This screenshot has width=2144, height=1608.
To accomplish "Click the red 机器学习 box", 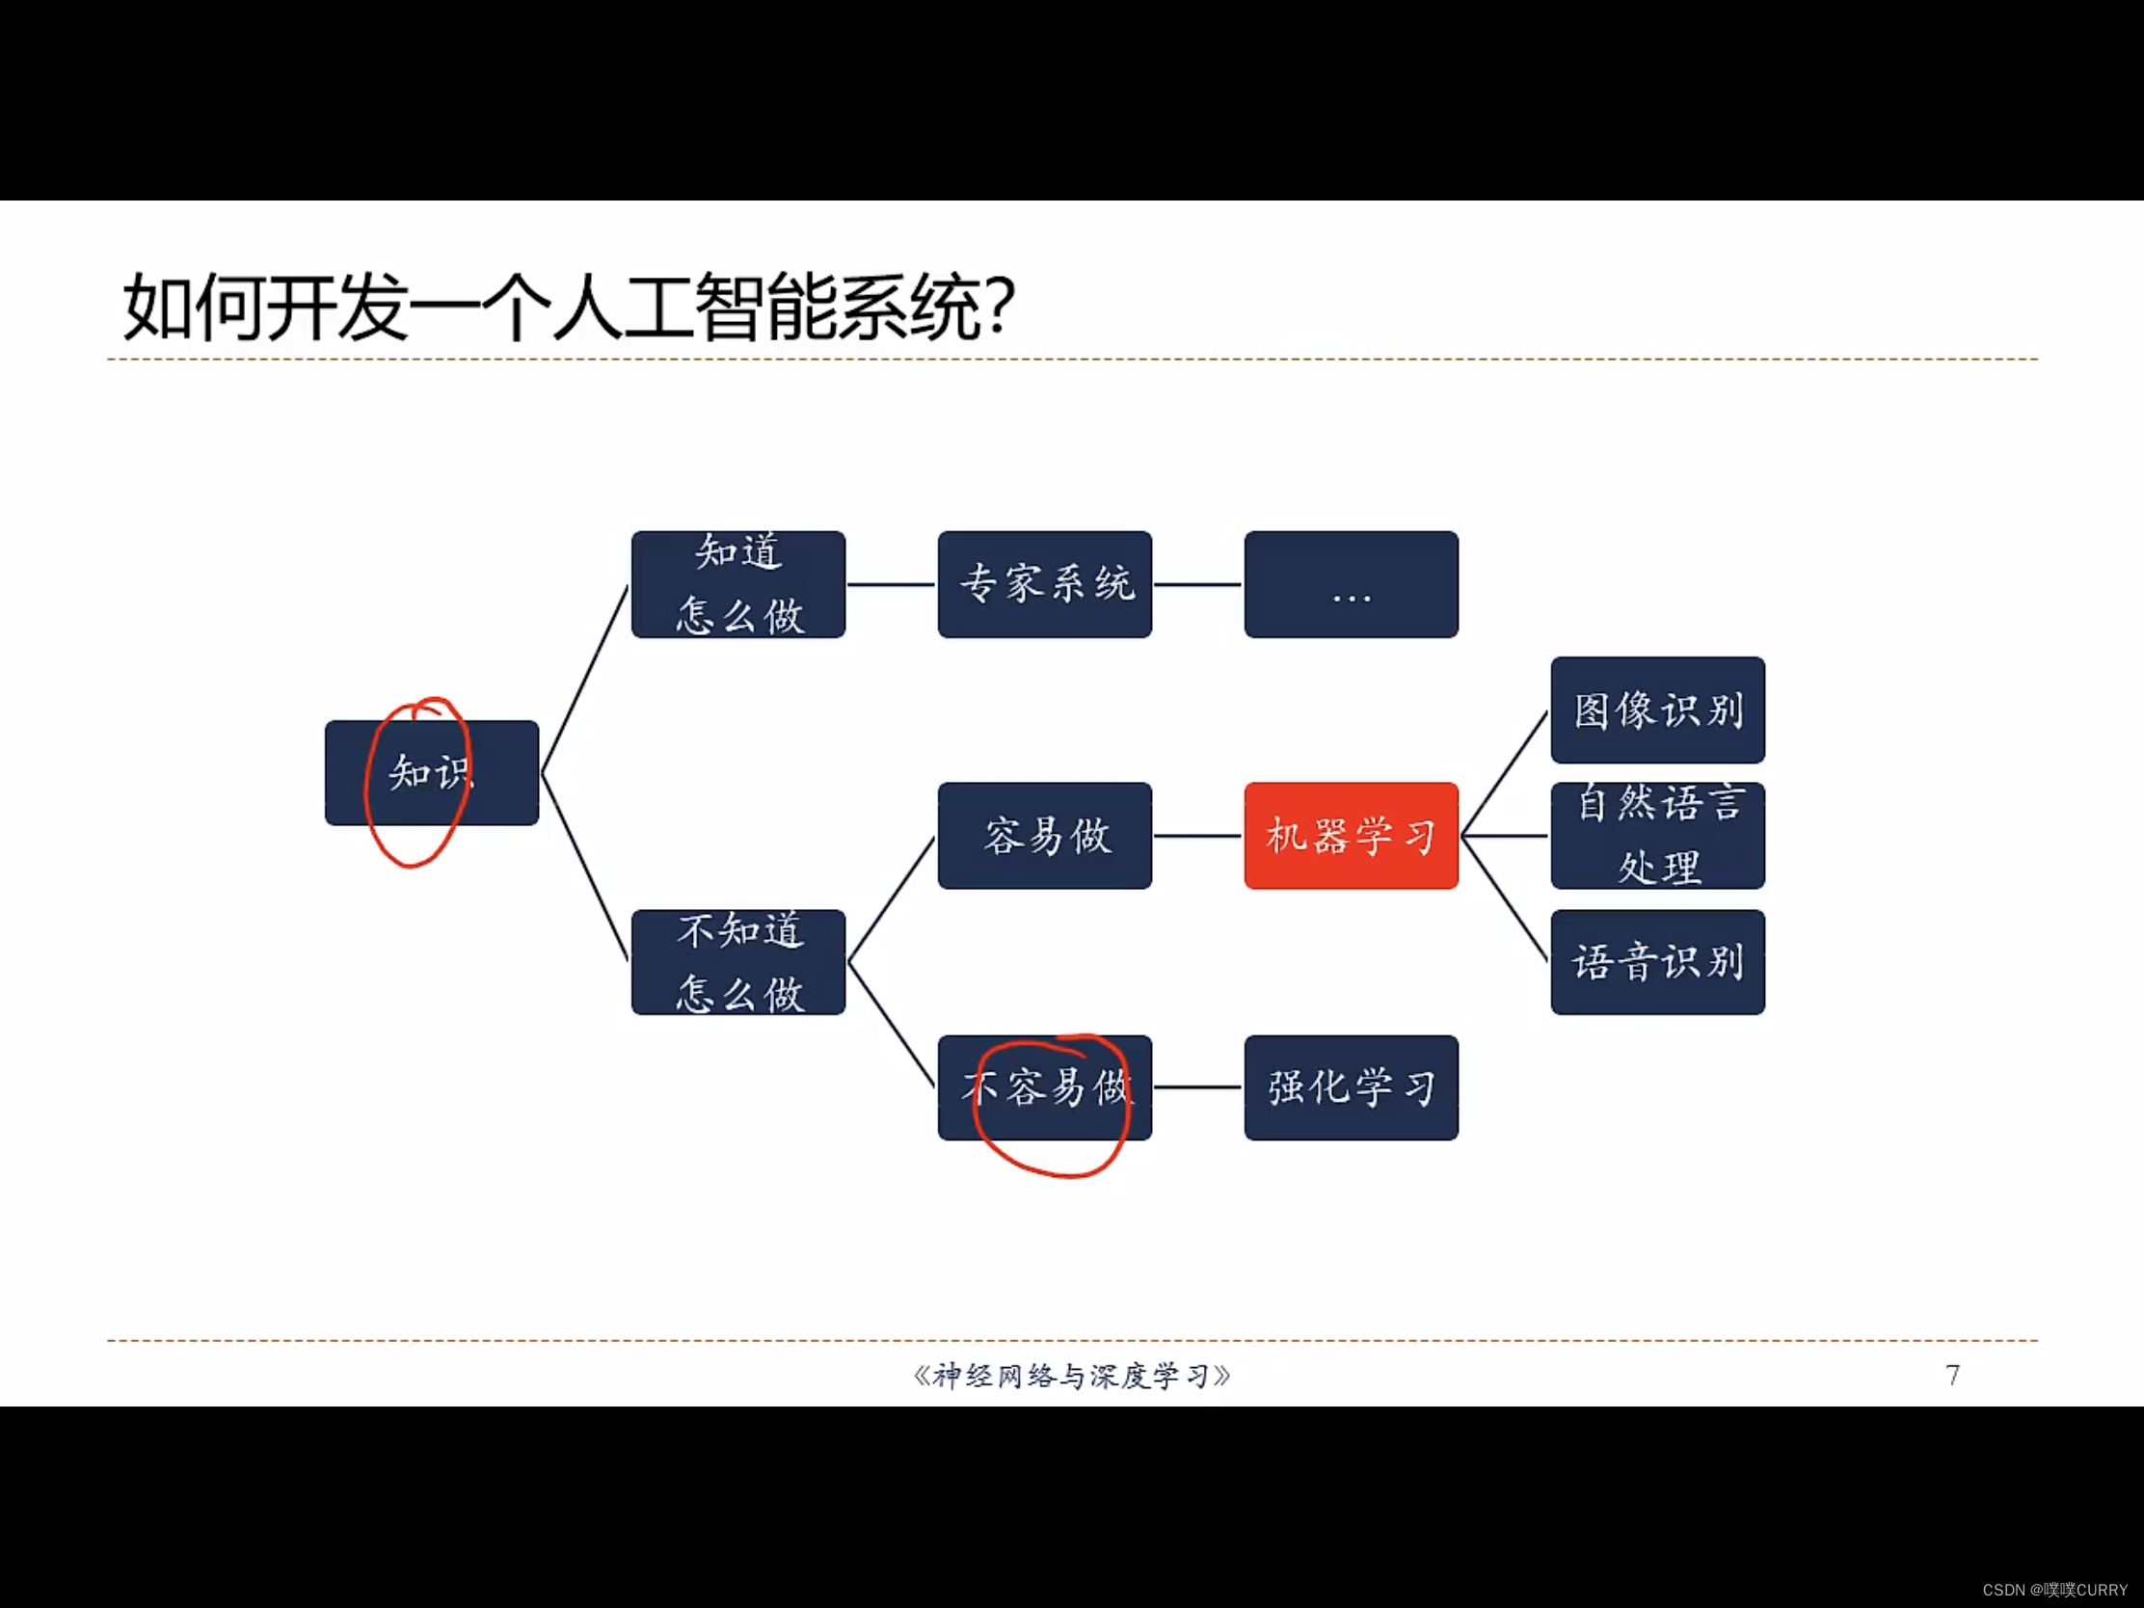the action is [x=1351, y=836].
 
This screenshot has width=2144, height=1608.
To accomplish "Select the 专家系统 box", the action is [x=1045, y=584].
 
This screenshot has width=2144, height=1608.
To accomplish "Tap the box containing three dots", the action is [x=1351, y=584].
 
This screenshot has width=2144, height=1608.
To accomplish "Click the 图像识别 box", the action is [x=1656, y=710].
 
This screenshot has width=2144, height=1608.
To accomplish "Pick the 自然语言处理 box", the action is [x=1656, y=836].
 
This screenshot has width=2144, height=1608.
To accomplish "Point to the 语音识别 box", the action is [x=1656, y=961].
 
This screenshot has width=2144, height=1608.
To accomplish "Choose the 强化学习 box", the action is [x=1351, y=1087].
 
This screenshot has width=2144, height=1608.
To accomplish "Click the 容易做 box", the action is [x=1045, y=836].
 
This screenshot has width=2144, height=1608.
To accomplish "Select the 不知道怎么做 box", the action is [x=737, y=961].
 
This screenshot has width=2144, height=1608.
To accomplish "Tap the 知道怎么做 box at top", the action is [x=737, y=584].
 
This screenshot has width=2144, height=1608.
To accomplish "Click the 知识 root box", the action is [x=431, y=772].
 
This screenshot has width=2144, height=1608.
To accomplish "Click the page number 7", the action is [x=1952, y=1375].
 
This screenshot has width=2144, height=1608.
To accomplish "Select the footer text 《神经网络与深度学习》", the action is [x=1071, y=1376].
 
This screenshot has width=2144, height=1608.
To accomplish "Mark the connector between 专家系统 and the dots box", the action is [x=1198, y=584].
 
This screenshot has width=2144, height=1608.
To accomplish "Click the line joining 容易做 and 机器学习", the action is [x=1198, y=836].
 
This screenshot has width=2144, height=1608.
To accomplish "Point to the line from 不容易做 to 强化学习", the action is [x=1198, y=1087].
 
